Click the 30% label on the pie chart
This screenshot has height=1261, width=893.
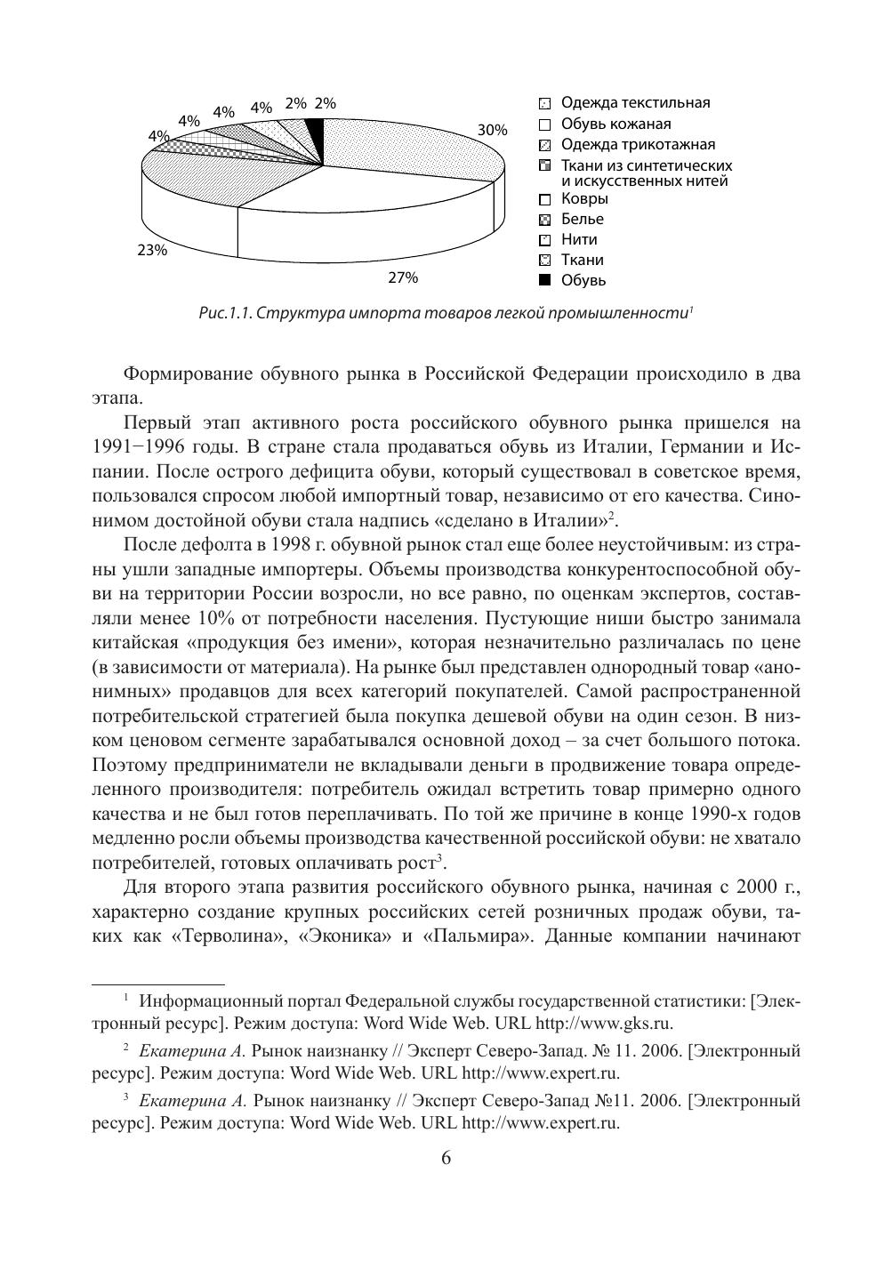pyautogui.click(x=492, y=130)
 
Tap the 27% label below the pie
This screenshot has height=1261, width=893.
pyautogui.click(x=402, y=277)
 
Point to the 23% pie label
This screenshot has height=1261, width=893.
pyautogui.click(x=152, y=250)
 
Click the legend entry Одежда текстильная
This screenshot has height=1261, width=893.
pyautogui.click(x=635, y=103)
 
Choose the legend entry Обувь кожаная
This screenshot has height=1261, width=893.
pyautogui.click(x=615, y=124)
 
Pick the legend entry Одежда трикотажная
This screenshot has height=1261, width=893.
pyautogui.click(x=638, y=144)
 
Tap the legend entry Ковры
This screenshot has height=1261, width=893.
pyautogui.click(x=584, y=198)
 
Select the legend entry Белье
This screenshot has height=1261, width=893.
pyautogui.click(x=582, y=219)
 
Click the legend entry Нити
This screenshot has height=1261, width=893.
pyautogui.click(x=579, y=239)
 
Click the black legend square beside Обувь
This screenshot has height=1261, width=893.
pyautogui.click(x=545, y=281)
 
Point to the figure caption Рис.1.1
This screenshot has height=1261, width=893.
pyautogui.click(x=446, y=313)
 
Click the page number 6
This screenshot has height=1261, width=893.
pyautogui.click(x=446, y=1158)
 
